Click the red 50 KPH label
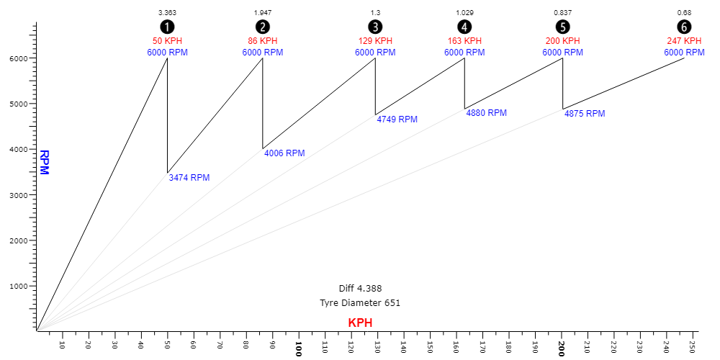tap(167, 41)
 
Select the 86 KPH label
tap(262, 41)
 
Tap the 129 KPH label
tap(375, 41)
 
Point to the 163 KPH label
tap(464, 41)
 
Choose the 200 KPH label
tap(562, 41)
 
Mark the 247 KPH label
tap(683, 41)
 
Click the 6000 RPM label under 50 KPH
tap(167, 53)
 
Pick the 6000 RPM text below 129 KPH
tap(375, 53)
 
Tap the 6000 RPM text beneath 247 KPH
tap(684, 53)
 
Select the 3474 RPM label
tap(189, 178)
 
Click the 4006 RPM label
tap(284, 153)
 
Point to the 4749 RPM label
tap(397, 120)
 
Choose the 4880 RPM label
tap(486, 113)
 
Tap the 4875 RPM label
tap(584, 114)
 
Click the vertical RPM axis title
tap(44, 162)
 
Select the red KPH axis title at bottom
tap(360, 323)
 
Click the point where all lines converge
tap(37, 330)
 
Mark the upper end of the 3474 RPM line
tap(167, 174)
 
